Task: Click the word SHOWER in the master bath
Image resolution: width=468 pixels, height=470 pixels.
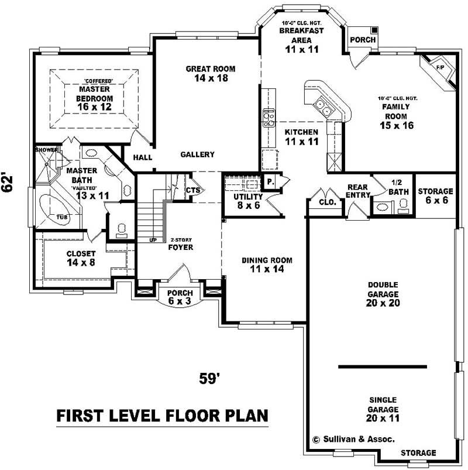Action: (x=47, y=150)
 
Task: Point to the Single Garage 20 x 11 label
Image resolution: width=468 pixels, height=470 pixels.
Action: (x=383, y=404)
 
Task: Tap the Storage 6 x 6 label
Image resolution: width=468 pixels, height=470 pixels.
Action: (x=435, y=195)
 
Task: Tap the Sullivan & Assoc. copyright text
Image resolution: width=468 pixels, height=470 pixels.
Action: (x=353, y=438)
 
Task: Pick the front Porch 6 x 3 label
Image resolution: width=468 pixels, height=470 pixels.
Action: (x=180, y=297)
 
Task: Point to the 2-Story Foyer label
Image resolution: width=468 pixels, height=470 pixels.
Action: (x=181, y=243)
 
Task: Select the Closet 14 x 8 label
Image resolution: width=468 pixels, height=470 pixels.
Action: (x=81, y=258)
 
